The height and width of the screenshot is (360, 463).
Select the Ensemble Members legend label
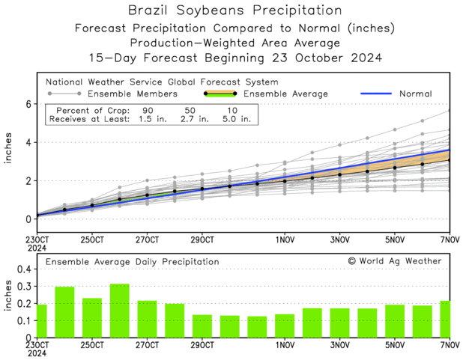click(133, 94)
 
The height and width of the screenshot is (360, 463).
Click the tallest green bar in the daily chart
click(120, 310)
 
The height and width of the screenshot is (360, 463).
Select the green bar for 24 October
click(64, 311)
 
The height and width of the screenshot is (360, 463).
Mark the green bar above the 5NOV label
click(395, 320)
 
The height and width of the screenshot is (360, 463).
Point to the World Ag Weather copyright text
click(395, 261)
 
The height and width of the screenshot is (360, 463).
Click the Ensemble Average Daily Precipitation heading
click(133, 262)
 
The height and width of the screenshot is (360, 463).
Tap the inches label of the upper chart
click(10, 161)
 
